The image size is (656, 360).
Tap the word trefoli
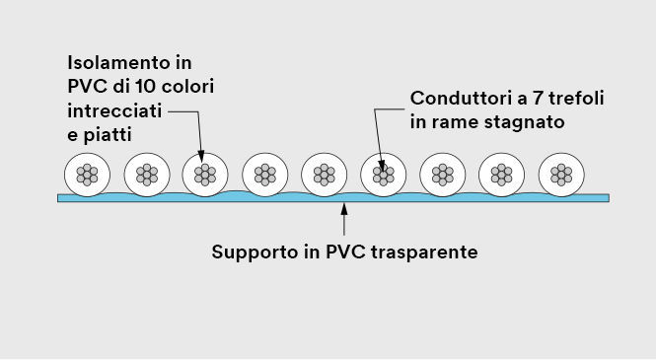coord(571,100)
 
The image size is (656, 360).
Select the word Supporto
coord(253,251)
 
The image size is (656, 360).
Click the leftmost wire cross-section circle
coord(87,175)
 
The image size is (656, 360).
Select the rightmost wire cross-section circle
coord(561,175)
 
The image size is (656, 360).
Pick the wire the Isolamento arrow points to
coord(205,175)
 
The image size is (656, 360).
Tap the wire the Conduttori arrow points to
coord(384,175)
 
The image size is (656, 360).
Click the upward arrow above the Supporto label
coord(343,217)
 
